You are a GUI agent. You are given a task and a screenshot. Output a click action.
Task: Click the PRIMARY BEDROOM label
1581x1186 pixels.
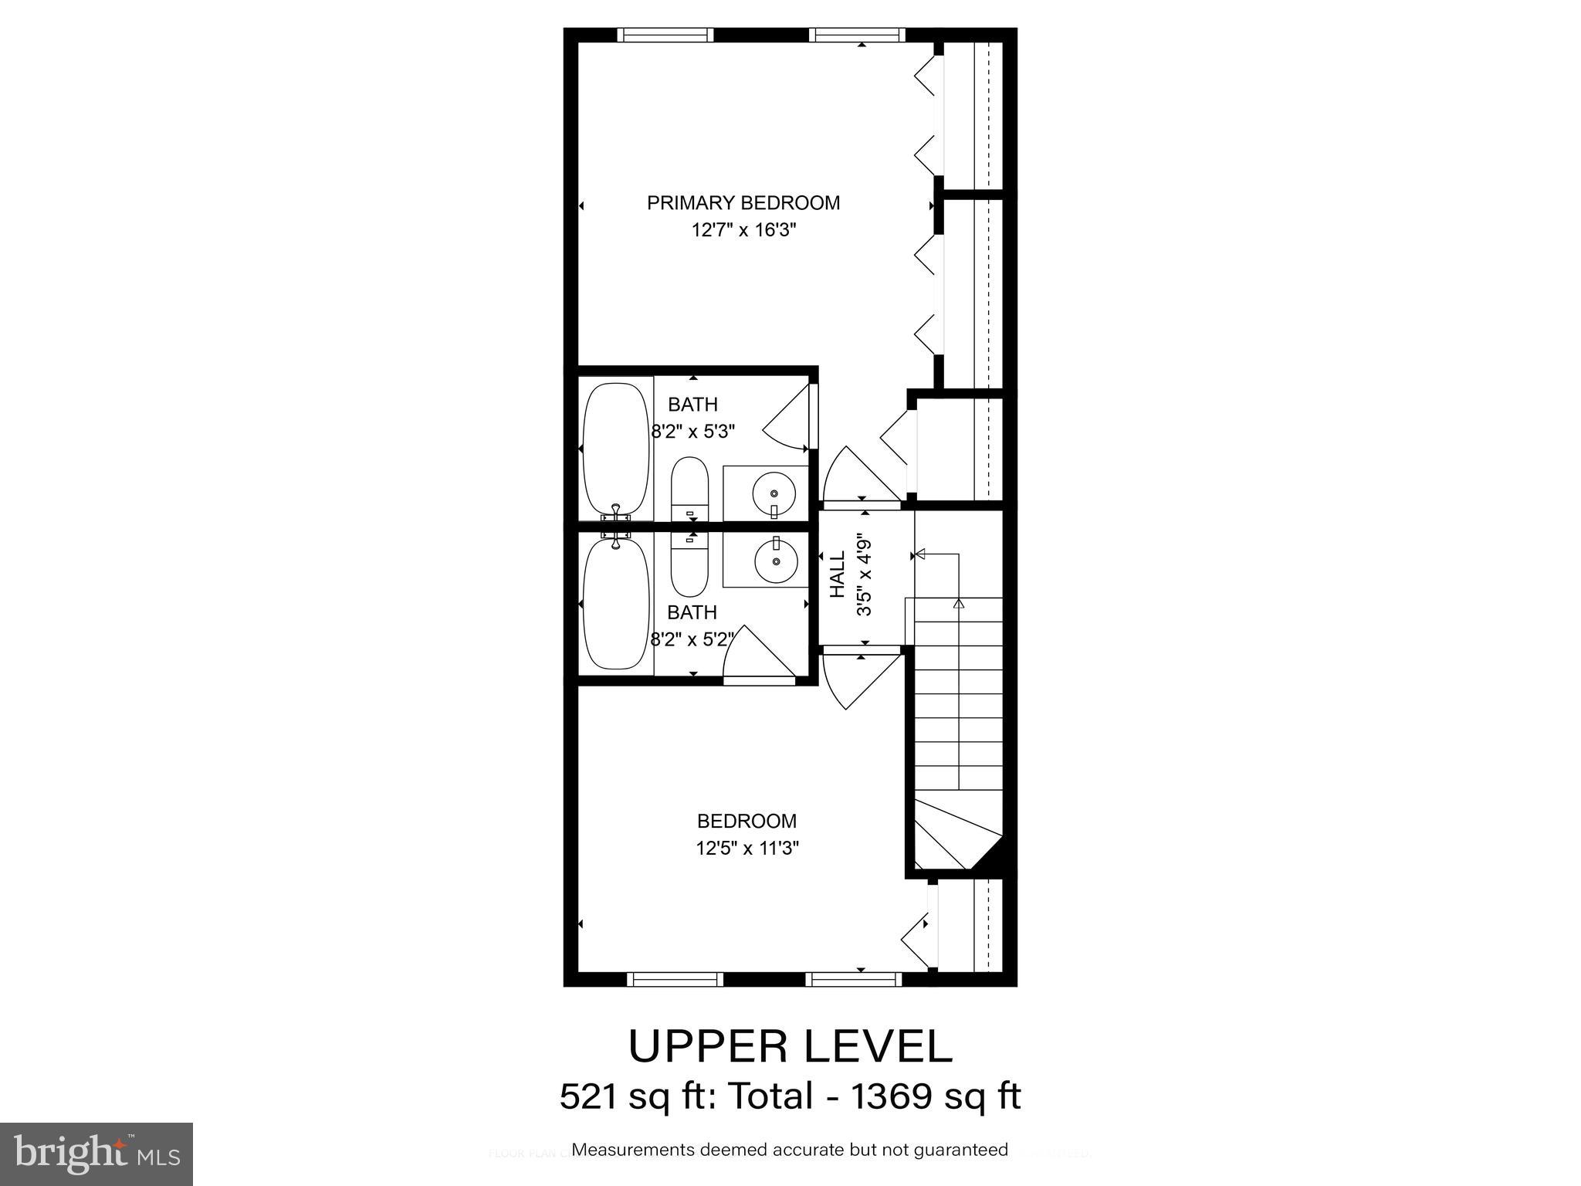click(743, 203)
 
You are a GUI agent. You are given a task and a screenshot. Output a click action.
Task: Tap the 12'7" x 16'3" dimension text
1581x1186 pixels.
click(743, 230)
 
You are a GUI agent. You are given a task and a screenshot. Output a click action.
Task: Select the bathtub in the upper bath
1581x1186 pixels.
click(615, 449)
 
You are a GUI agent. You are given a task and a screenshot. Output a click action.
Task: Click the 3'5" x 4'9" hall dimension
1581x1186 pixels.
click(864, 575)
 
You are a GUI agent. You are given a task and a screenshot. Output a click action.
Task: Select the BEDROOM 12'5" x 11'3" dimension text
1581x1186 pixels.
click(746, 849)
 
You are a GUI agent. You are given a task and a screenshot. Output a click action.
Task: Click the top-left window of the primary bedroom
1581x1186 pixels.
click(665, 35)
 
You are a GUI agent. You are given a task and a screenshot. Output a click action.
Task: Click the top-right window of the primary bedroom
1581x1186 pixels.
click(857, 35)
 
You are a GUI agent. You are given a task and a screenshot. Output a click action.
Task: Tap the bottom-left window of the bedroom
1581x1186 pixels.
click(675, 979)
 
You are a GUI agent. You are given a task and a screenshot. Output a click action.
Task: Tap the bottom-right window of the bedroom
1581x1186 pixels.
click(854, 979)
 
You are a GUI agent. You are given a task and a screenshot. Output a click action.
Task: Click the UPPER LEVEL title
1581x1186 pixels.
click(790, 1046)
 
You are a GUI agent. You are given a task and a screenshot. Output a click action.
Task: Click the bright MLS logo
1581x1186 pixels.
click(96, 1154)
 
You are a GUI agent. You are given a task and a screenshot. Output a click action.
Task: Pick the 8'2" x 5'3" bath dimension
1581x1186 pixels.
click(692, 432)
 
